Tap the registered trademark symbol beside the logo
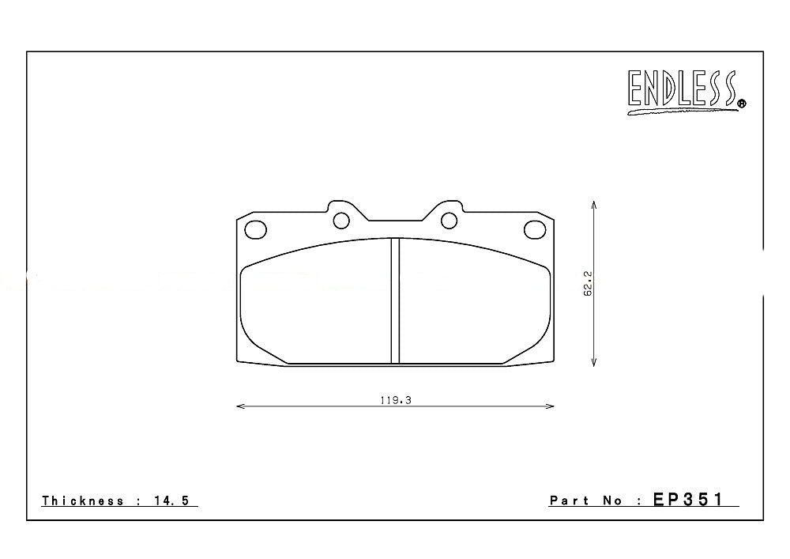coord(741,103)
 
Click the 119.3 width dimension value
coord(395,400)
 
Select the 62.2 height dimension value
coord(588,283)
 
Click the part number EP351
coord(687,500)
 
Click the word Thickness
coord(83,500)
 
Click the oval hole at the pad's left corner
coord(256,229)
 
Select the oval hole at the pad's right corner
coord(535,229)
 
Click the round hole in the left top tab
coord(341,220)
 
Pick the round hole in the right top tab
coord(449,220)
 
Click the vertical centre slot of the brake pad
coord(395,300)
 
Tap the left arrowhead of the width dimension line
coord(240,407)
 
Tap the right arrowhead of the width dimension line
coord(551,407)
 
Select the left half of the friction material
coord(316,304)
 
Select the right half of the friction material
coord(474,304)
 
